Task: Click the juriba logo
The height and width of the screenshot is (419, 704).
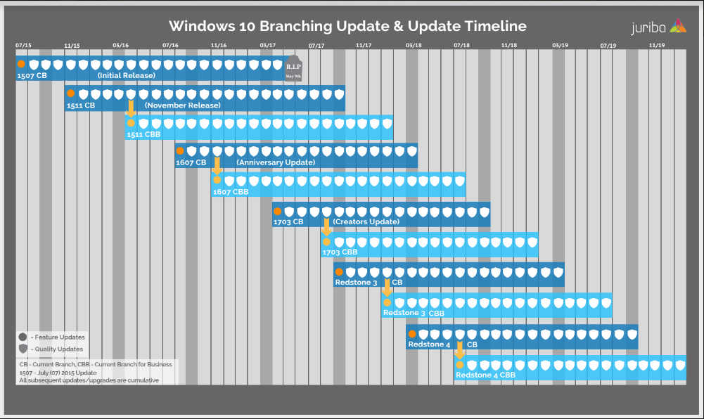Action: [658, 27]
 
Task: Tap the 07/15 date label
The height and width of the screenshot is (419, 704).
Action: [23, 46]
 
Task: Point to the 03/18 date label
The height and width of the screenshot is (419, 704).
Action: [414, 46]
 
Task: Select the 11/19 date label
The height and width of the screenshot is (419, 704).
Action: [656, 46]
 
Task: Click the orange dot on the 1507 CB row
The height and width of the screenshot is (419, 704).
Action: [21, 64]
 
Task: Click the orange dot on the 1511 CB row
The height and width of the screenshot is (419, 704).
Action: [70, 94]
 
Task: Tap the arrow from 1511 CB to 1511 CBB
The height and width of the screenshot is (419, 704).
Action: [131, 108]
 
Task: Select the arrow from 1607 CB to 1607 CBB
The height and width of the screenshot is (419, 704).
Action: [217, 166]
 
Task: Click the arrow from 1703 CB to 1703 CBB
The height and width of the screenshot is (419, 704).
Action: [326, 227]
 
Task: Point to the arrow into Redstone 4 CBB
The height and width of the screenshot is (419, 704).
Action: [459, 349]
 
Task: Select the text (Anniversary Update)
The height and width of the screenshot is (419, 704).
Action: [276, 162]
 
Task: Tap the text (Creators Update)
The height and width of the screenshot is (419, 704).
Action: [366, 221]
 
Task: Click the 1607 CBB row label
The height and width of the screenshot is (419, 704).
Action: [231, 191]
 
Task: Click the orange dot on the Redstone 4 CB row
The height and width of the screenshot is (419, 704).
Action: [412, 334]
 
